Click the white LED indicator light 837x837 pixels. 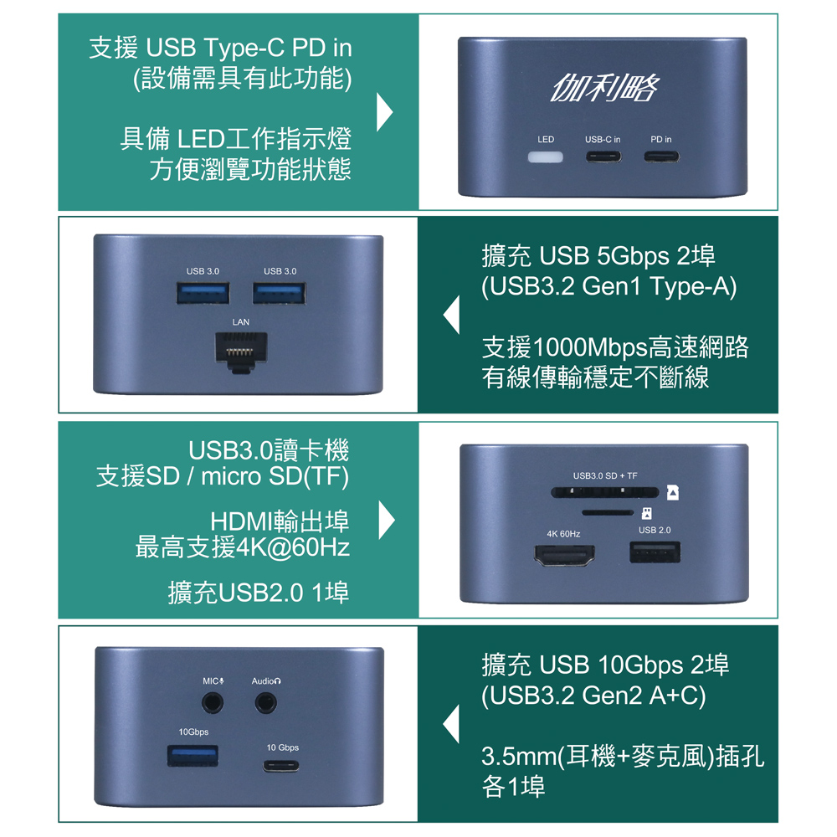[x=545, y=157]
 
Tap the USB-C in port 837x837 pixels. [x=603, y=157]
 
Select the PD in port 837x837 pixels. [x=661, y=157]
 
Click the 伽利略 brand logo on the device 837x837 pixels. [x=605, y=87]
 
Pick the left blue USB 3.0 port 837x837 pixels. [x=203, y=293]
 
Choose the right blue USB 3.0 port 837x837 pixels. [x=280, y=293]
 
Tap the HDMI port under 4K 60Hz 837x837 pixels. [x=564, y=555]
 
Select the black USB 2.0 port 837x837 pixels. [x=655, y=552]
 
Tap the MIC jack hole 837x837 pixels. [x=213, y=703]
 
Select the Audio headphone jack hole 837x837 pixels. [x=265, y=703]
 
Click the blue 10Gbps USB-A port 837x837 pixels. [x=193, y=756]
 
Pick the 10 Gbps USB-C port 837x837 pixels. [x=281, y=766]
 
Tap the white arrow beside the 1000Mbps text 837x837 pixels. [x=452, y=316]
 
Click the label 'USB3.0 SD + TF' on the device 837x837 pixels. [x=605, y=475]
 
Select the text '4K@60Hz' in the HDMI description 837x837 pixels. [x=293, y=547]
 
